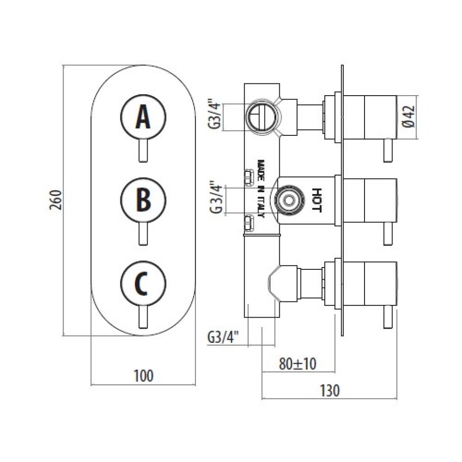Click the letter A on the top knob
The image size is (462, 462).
[143, 117]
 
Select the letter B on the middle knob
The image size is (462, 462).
[143, 200]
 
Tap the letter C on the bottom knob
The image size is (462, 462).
[141, 283]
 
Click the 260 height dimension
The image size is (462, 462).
[55, 200]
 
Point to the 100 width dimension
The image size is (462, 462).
[143, 376]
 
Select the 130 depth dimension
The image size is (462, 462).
[330, 390]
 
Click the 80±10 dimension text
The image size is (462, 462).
[298, 364]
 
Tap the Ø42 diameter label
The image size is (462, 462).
[409, 117]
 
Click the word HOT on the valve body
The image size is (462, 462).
[316, 200]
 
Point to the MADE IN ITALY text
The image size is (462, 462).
[261, 189]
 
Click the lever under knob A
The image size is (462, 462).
[143, 150]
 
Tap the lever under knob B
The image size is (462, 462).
[143, 234]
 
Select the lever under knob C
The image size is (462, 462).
[143, 317]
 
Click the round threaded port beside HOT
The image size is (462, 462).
[288, 200]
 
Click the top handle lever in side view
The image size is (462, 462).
[388, 150]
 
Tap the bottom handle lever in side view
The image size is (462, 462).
[388, 317]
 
